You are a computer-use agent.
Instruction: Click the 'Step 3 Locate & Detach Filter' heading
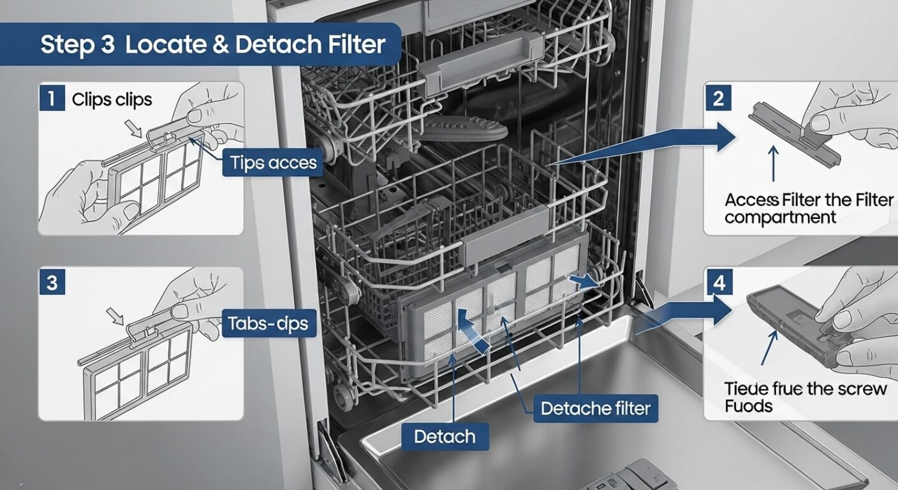pos(213,45)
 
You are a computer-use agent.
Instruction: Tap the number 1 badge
pos(52,100)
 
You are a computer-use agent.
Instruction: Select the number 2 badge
pos(719,99)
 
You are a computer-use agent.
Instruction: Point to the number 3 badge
pos(52,282)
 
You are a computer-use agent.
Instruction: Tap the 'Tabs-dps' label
pos(268,324)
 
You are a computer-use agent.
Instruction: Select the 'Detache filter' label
pos(596,408)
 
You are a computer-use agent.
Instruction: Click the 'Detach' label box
pos(445,437)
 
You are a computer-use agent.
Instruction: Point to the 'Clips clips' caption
pos(112,100)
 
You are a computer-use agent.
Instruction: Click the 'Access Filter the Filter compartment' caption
pos(809,209)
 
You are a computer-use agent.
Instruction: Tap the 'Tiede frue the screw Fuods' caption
pos(806,397)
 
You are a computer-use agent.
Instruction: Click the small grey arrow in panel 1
pos(135,129)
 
